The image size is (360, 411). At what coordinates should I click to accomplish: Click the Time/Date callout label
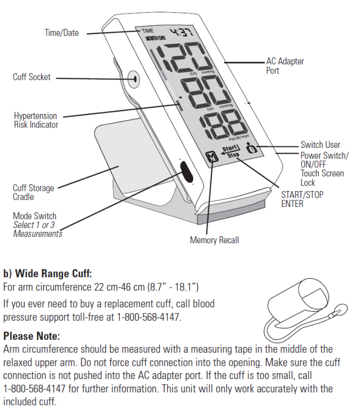(x=62, y=33)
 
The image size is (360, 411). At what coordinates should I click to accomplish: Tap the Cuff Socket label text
(x=32, y=77)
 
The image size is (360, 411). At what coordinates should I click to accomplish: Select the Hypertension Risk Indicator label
(x=36, y=120)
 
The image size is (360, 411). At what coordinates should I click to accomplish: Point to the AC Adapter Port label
(x=285, y=65)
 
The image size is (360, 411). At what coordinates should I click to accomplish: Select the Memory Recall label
(x=214, y=240)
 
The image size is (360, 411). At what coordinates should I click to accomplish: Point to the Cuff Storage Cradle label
(x=33, y=192)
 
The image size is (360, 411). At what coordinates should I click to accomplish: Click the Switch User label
(x=320, y=145)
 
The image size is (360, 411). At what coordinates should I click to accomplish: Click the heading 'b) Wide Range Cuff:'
(x=48, y=274)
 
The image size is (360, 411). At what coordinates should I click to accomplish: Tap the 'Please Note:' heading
(x=31, y=336)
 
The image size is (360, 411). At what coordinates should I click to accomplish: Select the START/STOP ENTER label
(x=302, y=199)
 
